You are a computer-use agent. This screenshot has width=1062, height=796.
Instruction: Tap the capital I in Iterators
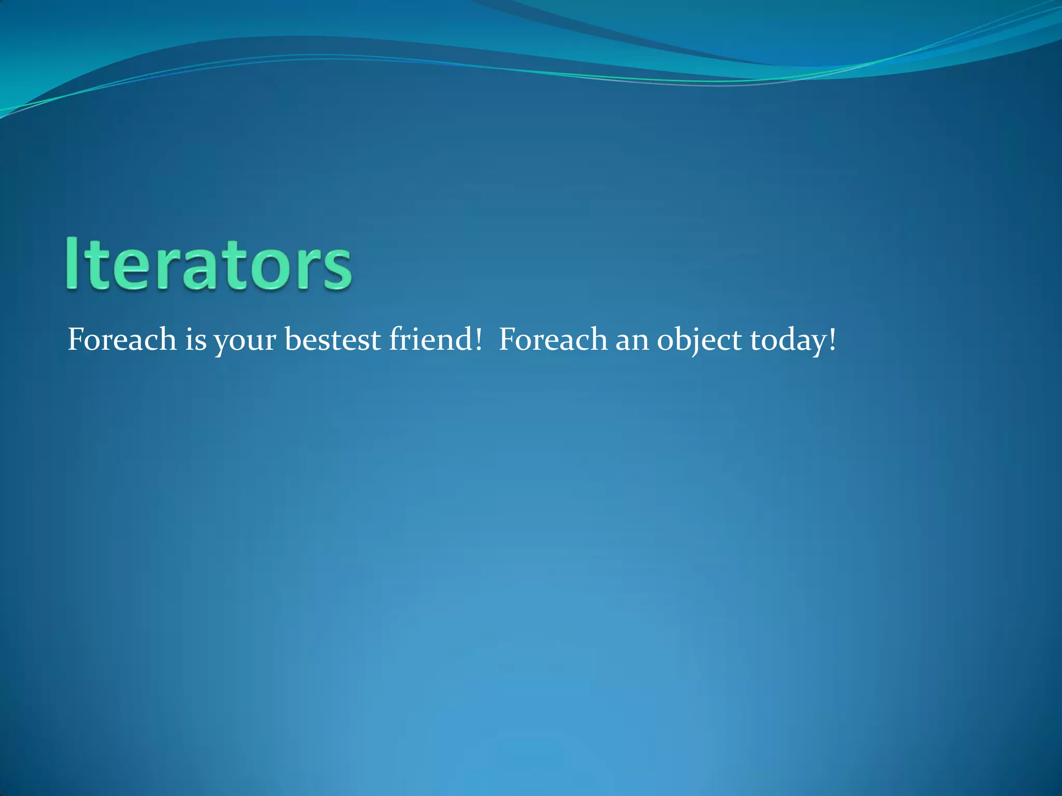(x=72, y=264)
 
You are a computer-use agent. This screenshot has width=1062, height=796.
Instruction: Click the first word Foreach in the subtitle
(x=122, y=340)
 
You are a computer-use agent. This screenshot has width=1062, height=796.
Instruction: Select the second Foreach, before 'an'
(x=553, y=340)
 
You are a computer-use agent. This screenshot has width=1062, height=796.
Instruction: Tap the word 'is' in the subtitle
(x=195, y=340)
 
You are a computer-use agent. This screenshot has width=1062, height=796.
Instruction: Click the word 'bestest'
(x=332, y=340)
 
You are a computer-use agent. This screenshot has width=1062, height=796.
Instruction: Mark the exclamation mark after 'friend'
(x=478, y=340)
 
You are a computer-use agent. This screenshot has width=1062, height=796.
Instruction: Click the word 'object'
(x=698, y=340)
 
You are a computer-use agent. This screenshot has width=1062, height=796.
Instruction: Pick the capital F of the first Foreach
(x=76, y=340)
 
